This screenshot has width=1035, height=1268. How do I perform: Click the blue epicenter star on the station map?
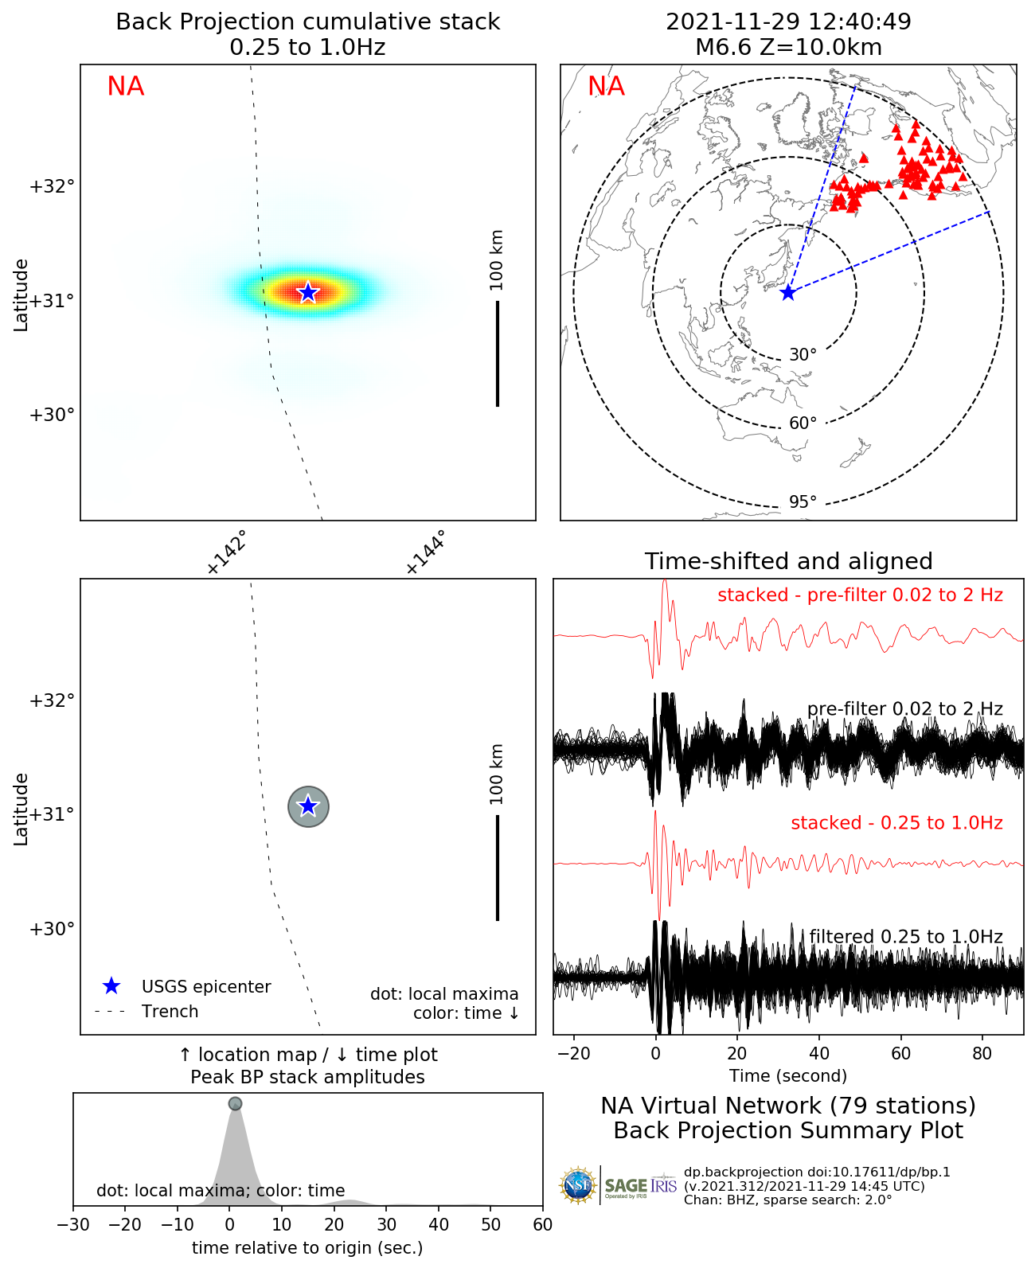click(x=787, y=293)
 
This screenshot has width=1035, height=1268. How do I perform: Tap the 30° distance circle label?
click(x=803, y=354)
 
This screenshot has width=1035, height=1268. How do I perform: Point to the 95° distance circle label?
click(x=803, y=501)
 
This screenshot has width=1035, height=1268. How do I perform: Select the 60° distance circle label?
click(x=803, y=423)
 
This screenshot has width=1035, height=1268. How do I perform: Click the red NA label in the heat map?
click(x=126, y=86)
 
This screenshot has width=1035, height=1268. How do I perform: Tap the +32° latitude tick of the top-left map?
click(x=52, y=186)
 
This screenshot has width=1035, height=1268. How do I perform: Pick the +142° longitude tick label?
click(x=226, y=552)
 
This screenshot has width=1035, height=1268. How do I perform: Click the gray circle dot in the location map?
click(x=308, y=806)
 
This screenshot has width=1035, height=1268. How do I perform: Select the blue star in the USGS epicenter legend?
click(x=111, y=986)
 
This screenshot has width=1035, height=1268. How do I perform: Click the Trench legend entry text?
click(x=170, y=1011)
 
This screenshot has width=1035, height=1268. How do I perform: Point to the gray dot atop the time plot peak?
click(x=235, y=1103)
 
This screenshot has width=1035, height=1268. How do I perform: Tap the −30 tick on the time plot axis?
click(x=73, y=1224)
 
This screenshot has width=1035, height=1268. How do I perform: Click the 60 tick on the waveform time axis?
click(x=900, y=1053)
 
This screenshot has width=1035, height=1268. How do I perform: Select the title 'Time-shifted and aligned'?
click(x=788, y=561)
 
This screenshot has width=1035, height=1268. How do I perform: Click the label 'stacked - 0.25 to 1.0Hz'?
click(x=896, y=822)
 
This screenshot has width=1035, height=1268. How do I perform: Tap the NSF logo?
click(x=578, y=1186)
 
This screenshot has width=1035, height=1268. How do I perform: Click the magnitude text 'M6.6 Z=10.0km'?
click(x=788, y=47)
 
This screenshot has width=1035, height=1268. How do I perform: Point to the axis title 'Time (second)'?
click(x=788, y=1075)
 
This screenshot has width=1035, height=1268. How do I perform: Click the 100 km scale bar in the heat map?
click(x=498, y=353)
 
